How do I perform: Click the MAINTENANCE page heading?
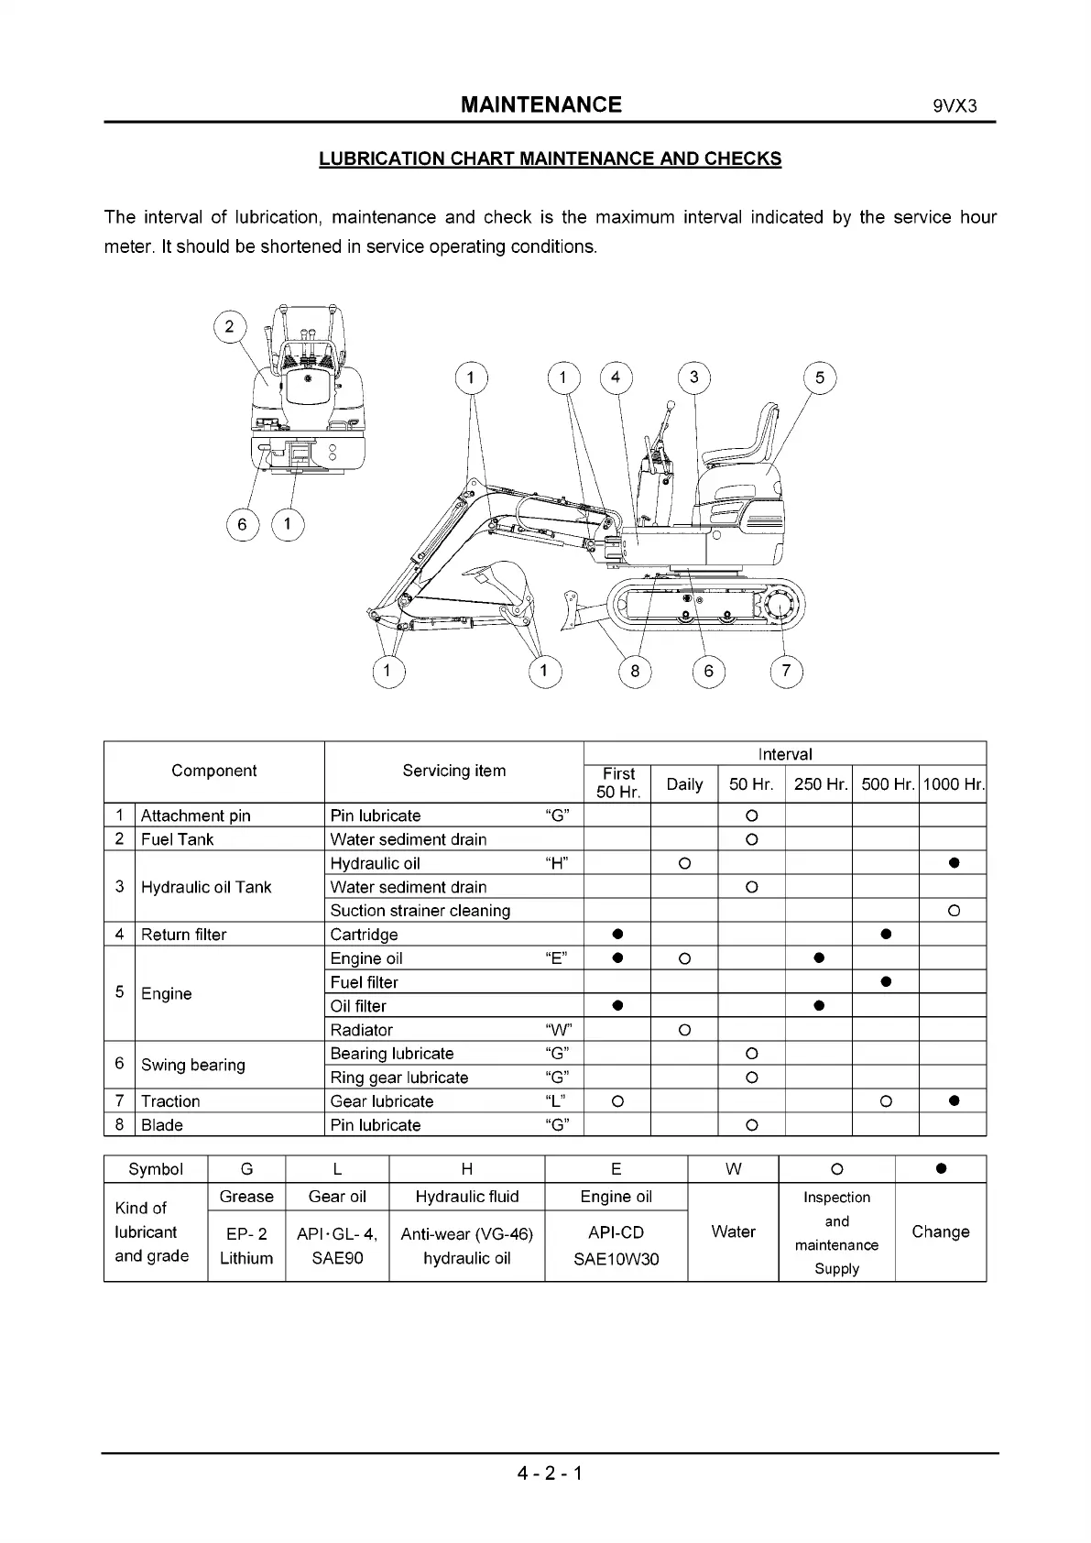(540, 104)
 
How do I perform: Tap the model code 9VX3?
(955, 105)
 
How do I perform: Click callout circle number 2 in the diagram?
(229, 326)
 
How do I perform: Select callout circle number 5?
(819, 378)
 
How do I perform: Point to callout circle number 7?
(786, 672)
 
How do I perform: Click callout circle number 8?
(635, 672)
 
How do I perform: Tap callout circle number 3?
(693, 378)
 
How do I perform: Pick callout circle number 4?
(616, 378)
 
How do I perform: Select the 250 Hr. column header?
(819, 784)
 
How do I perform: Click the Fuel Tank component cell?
(177, 839)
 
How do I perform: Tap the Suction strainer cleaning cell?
(420, 911)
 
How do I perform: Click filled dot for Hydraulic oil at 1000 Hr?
(954, 863)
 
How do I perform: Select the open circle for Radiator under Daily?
(684, 1030)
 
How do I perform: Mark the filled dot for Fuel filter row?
(886, 982)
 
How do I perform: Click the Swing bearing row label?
(192, 1065)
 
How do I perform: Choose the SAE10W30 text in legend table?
(616, 1259)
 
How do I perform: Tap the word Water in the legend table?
(733, 1231)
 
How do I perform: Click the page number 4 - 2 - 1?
(550, 1473)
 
